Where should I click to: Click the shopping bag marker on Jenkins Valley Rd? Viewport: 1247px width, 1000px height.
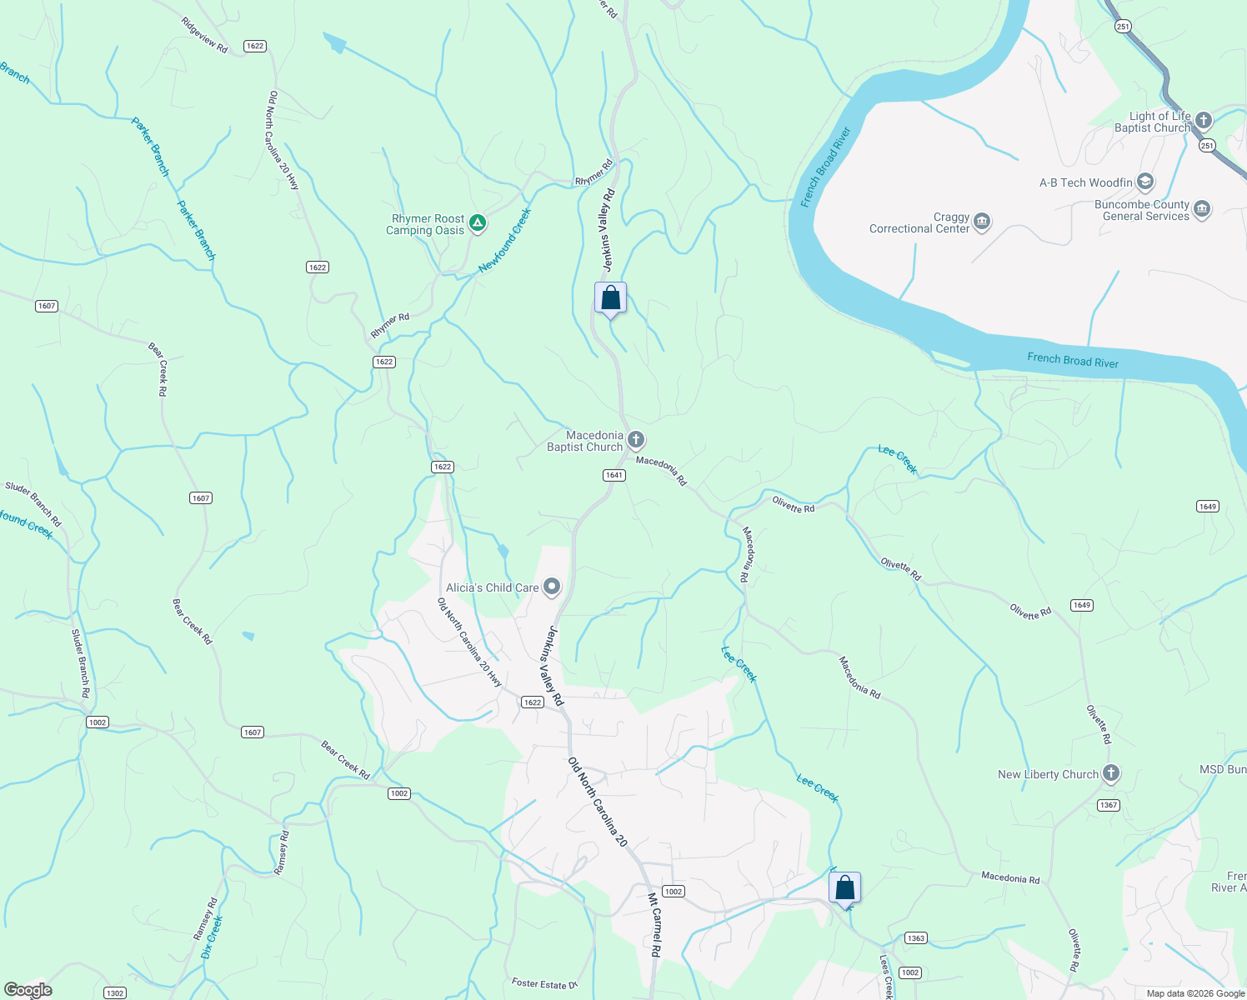610,298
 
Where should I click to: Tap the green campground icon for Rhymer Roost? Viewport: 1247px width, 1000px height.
477,222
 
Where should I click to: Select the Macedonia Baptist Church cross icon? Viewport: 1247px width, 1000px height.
635,440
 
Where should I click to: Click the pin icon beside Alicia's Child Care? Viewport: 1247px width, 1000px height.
552,587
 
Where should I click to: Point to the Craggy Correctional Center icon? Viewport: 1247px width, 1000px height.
982,221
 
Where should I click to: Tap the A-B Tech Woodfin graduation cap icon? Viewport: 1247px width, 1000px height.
1145,182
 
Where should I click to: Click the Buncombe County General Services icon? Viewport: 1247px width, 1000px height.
1201,209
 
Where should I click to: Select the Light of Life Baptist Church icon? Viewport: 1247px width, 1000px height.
1203,121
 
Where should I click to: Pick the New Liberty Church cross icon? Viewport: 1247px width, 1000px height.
1110,773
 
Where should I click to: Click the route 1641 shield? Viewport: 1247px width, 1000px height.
614,475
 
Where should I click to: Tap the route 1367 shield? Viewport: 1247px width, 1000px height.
1108,805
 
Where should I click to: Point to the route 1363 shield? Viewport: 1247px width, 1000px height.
916,938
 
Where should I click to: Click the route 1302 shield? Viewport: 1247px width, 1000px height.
115,992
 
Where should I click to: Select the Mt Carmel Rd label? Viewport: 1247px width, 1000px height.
654,925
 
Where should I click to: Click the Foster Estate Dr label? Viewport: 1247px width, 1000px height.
543,984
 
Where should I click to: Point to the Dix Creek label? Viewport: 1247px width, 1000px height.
213,937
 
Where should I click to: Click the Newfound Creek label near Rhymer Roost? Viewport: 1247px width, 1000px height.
505,241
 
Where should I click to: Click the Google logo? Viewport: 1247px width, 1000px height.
28,990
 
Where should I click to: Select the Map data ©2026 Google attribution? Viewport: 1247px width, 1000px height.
1195,993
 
